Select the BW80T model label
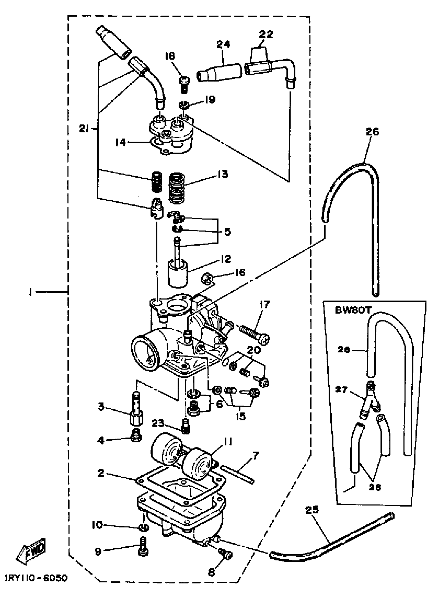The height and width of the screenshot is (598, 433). click(x=353, y=311)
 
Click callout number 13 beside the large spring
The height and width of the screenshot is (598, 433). click(x=223, y=174)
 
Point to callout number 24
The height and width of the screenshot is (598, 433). click(x=223, y=44)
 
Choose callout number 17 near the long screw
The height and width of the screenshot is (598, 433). click(x=264, y=305)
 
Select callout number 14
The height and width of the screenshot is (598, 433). click(x=121, y=143)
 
